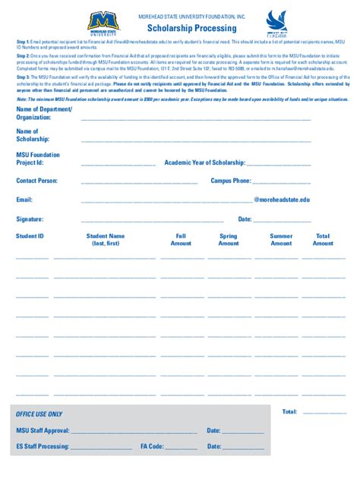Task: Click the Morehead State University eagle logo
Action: pos(103,23)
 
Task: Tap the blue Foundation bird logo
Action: pos(276,22)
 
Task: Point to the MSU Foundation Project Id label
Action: pos(38,159)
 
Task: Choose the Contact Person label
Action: pos(37,181)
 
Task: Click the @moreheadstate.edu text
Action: pos(282,200)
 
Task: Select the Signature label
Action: pos(30,219)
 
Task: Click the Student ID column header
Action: pos(30,236)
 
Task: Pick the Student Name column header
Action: pos(106,240)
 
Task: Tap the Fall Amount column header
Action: pos(181,240)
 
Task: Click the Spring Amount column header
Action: pos(228,240)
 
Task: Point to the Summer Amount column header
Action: pos(281,240)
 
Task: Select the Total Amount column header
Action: pos(323,240)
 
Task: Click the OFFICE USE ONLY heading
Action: pos(39,414)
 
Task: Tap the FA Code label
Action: pos(153,447)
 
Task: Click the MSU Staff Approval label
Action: pos(43,430)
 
